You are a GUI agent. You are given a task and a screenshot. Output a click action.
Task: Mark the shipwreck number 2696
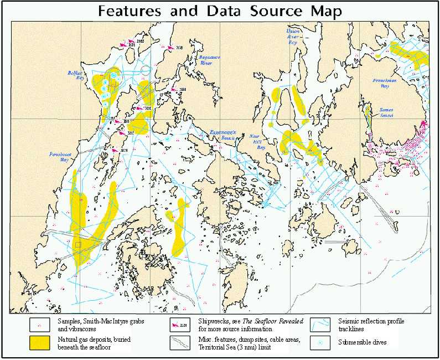183,89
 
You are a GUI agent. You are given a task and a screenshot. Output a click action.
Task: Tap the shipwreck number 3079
124,150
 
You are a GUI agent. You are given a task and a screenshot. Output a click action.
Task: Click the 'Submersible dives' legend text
363,343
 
